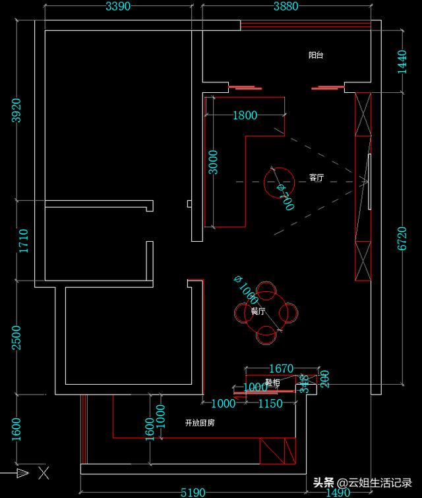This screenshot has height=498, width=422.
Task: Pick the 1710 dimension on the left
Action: pos(24,241)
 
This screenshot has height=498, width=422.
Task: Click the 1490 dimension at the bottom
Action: pos(338,492)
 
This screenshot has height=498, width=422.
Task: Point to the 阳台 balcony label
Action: pos(316,55)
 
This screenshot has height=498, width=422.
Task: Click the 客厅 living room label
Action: pos(316,178)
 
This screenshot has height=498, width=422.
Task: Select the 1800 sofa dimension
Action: pos(245,116)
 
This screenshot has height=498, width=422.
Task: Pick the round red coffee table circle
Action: pos(279,180)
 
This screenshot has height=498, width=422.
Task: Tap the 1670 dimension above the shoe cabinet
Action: pos(277,368)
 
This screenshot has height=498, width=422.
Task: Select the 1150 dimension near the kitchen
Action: pos(270,403)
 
